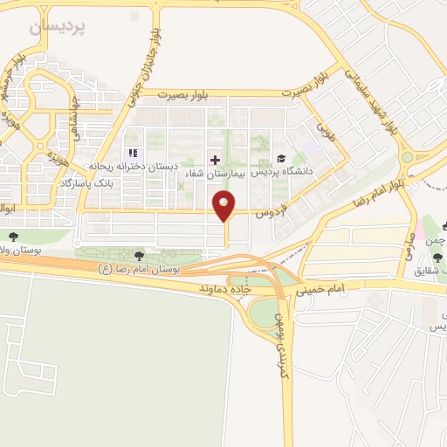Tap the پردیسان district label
click(x=58, y=27)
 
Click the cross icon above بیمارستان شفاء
click(x=216, y=160)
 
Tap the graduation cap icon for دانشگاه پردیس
click(x=280, y=159)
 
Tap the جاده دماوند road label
click(x=225, y=287)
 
